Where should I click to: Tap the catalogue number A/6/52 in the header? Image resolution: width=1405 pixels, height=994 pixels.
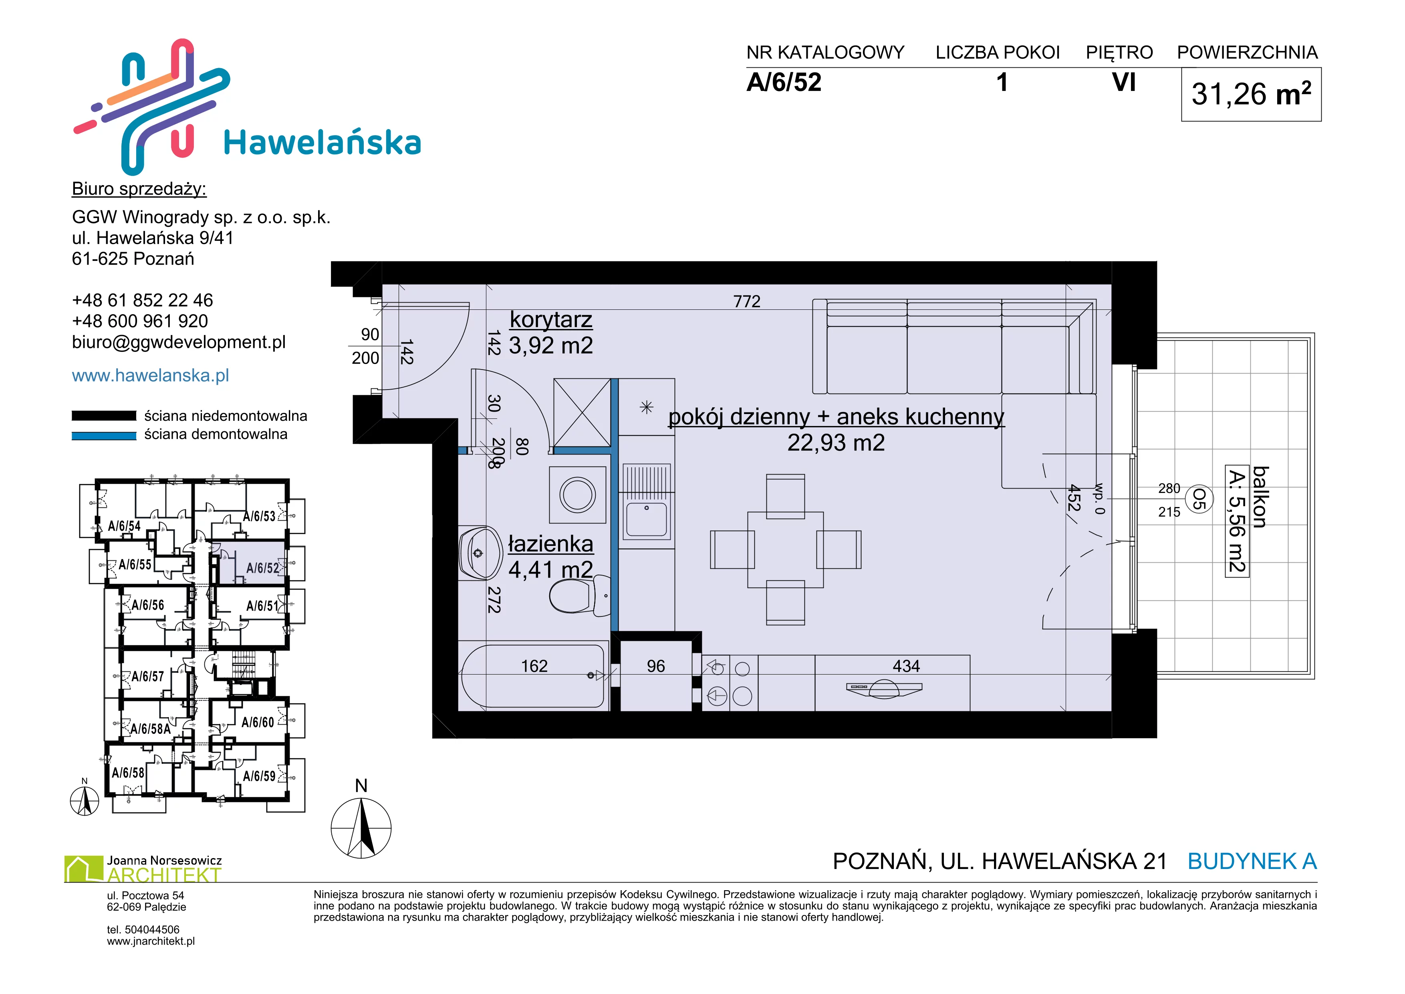(x=784, y=83)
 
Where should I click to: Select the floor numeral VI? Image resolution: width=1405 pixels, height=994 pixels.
(x=1123, y=82)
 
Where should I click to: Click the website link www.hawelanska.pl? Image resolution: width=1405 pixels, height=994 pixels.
(x=151, y=375)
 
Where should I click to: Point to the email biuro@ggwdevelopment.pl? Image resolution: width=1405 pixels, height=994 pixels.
(x=179, y=342)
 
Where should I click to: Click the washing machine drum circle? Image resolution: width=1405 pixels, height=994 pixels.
(x=578, y=495)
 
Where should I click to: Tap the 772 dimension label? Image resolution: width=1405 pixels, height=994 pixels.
(x=746, y=301)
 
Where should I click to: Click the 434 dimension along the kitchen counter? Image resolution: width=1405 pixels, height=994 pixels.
(x=906, y=666)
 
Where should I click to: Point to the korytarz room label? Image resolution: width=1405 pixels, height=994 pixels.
(x=551, y=319)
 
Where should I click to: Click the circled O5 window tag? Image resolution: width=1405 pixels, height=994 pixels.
(x=1199, y=499)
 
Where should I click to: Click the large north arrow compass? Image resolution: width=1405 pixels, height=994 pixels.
(x=361, y=828)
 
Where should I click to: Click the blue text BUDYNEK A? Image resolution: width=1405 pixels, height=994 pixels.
(x=1252, y=861)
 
